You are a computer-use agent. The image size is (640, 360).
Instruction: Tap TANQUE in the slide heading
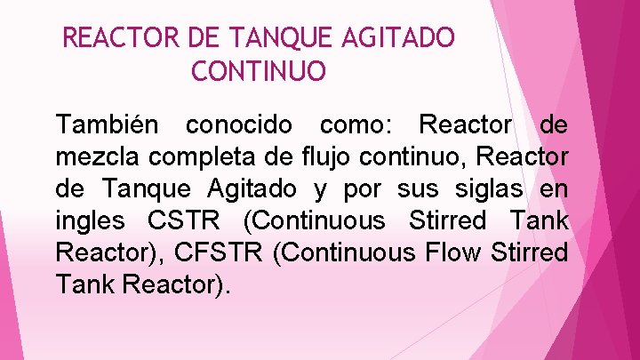coord(270,38)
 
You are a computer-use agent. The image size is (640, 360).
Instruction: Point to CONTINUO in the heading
coord(259,71)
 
